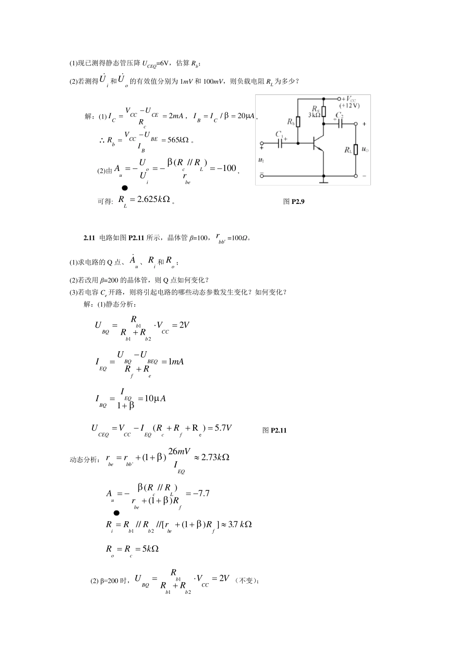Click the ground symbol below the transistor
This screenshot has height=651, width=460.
coord(323,182)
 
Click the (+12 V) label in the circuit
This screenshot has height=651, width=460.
coord(350,106)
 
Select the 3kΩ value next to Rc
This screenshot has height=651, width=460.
coord(314,115)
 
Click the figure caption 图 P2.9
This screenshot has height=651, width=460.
coord(293,201)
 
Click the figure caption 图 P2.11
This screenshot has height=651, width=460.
coord(275,430)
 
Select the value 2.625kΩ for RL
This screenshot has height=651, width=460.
coord(153,199)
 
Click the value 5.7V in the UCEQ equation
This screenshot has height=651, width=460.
coord(223,427)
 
